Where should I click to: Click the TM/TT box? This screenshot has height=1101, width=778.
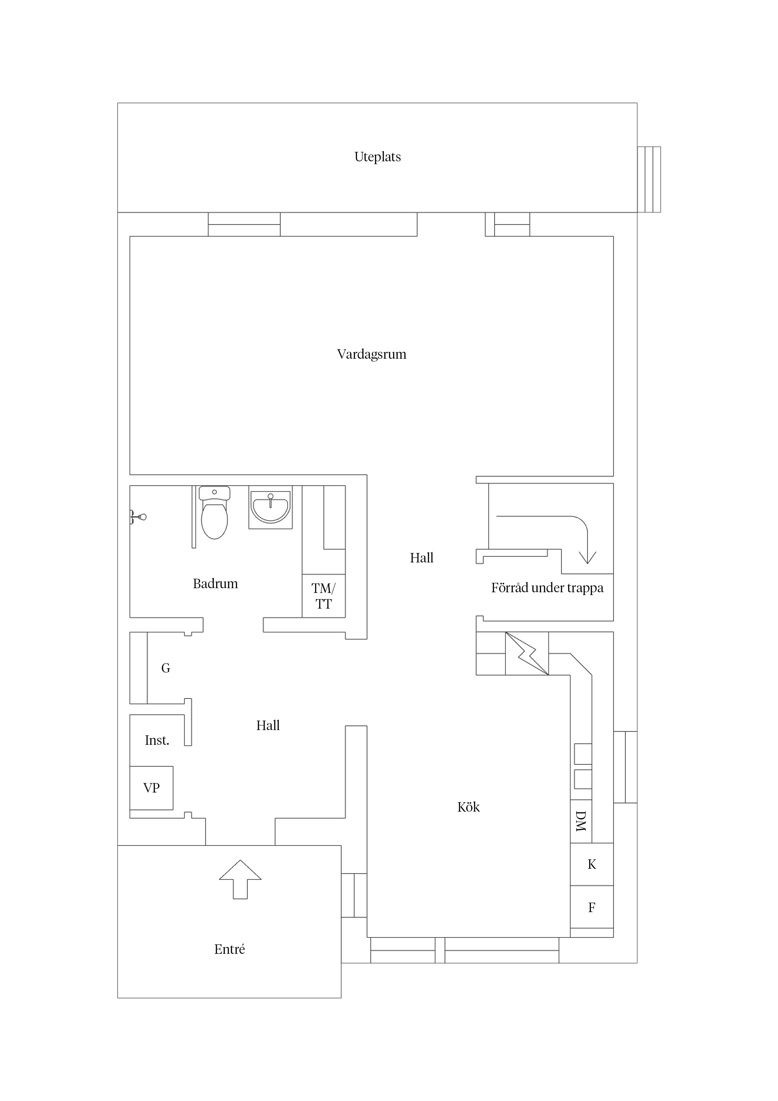pos(323,596)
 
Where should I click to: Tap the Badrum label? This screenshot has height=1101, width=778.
pos(215,583)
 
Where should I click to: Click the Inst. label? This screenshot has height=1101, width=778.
pos(157,740)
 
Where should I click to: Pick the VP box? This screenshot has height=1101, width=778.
pos(152,788)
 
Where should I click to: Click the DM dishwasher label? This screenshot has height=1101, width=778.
pos(580,821)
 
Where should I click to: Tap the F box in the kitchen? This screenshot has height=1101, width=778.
pos(592,907)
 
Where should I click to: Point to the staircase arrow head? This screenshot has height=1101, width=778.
pos(587,558)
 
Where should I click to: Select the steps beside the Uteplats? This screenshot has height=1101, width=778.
pos(649,179)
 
